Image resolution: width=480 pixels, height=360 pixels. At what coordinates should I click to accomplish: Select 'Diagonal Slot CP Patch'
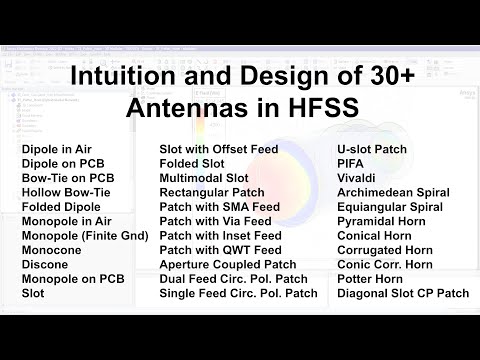coord(403,293)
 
